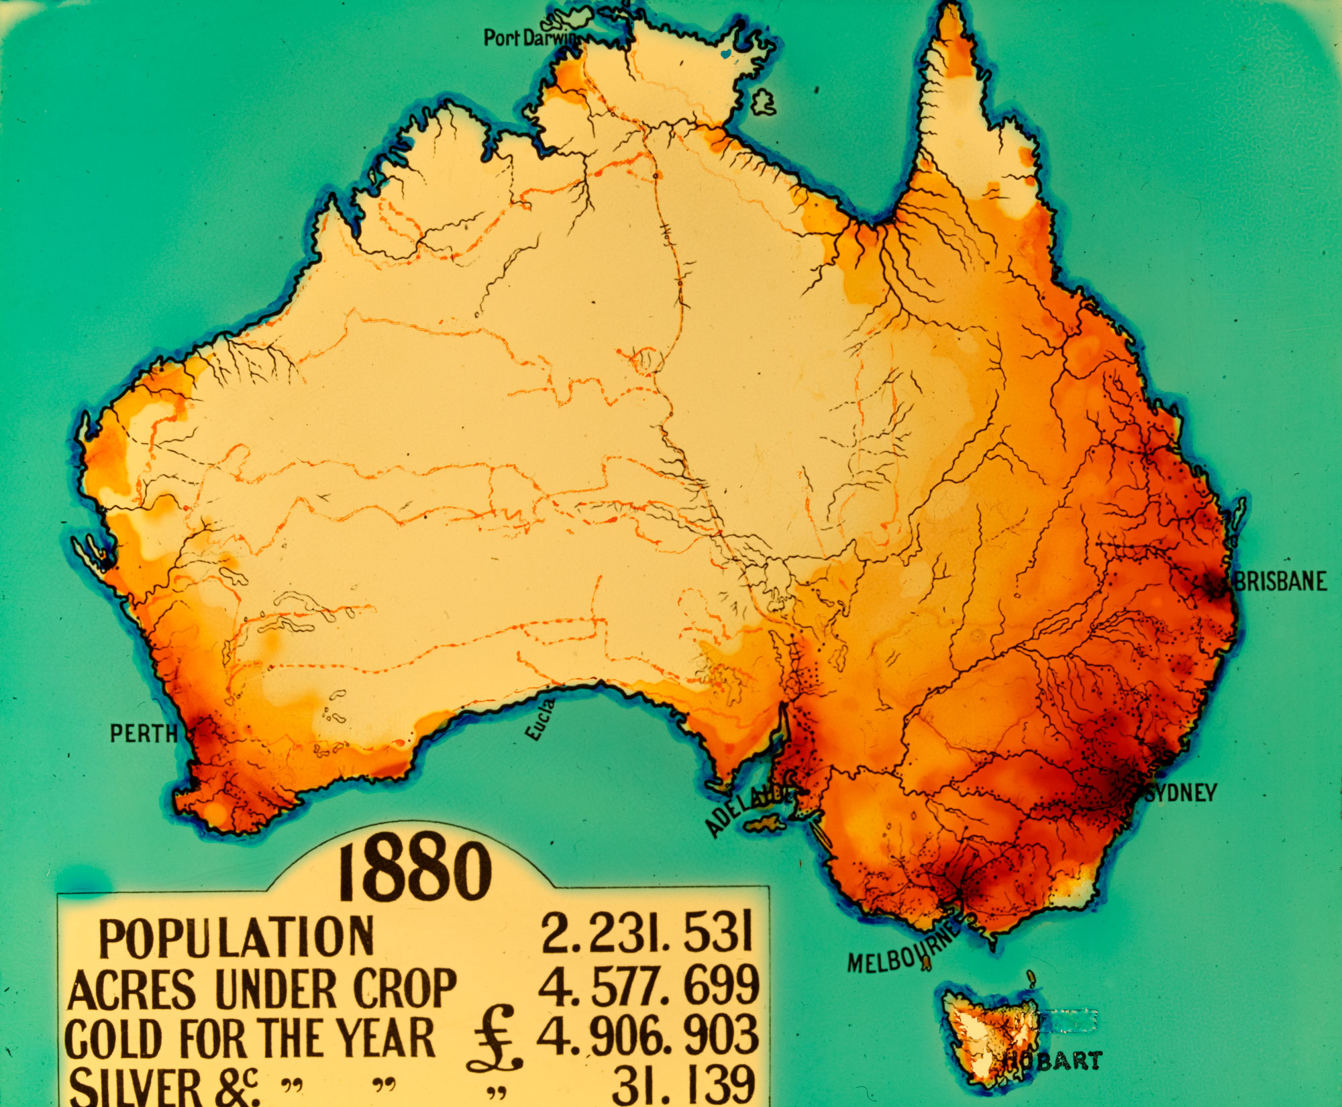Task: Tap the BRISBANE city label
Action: [1280, 581]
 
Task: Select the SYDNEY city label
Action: [1182, 793]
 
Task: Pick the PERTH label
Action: [144, 733]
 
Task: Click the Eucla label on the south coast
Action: [541, 720]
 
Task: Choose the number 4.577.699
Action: [648, 986]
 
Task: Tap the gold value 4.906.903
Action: [648, 1035]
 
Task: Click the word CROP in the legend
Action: [405, 988]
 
